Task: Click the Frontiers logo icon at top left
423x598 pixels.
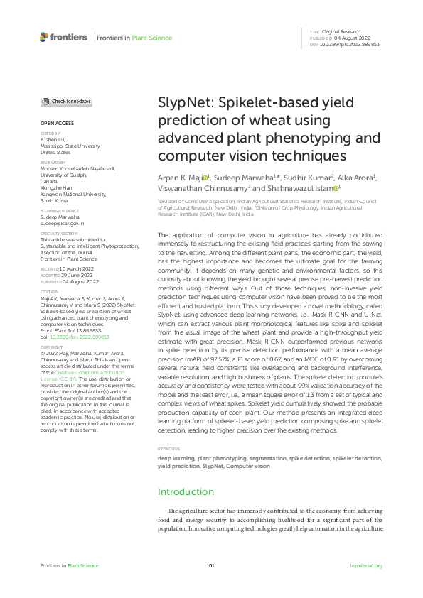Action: coord(44,37)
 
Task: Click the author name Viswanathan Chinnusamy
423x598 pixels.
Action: coord(202,189)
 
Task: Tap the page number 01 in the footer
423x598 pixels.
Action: coord(211,565)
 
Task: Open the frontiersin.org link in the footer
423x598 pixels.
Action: coord(366,565)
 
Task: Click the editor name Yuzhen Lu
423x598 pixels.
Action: coord(53,139)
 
